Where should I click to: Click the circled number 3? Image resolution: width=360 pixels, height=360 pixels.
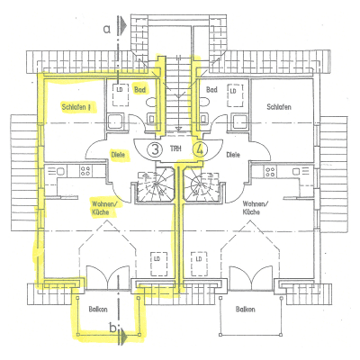click(156, 148)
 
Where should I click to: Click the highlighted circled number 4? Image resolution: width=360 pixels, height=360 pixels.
click(201, 148)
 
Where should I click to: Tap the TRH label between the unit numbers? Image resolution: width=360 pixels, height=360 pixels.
click(178, 148)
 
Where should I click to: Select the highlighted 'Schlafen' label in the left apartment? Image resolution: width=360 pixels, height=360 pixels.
click(77, 107)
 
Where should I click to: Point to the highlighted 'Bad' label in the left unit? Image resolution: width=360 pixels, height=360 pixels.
click(140, 90)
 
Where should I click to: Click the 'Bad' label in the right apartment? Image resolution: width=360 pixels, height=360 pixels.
click(212, 90)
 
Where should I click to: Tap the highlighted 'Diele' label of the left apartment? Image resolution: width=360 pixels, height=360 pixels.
click(118, 154)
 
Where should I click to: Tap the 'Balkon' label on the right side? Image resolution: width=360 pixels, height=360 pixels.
click(244, 307)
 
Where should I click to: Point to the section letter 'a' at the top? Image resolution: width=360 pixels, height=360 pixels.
click(106, 28)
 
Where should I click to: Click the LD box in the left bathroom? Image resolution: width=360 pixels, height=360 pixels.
click(119, 90)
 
